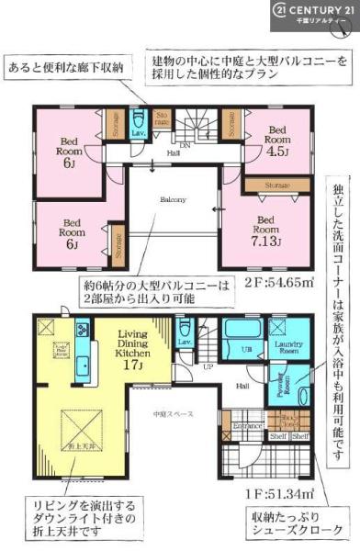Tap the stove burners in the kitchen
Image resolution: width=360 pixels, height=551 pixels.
(x=82, y=328)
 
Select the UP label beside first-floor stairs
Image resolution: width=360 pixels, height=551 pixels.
(x=208, y=365)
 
